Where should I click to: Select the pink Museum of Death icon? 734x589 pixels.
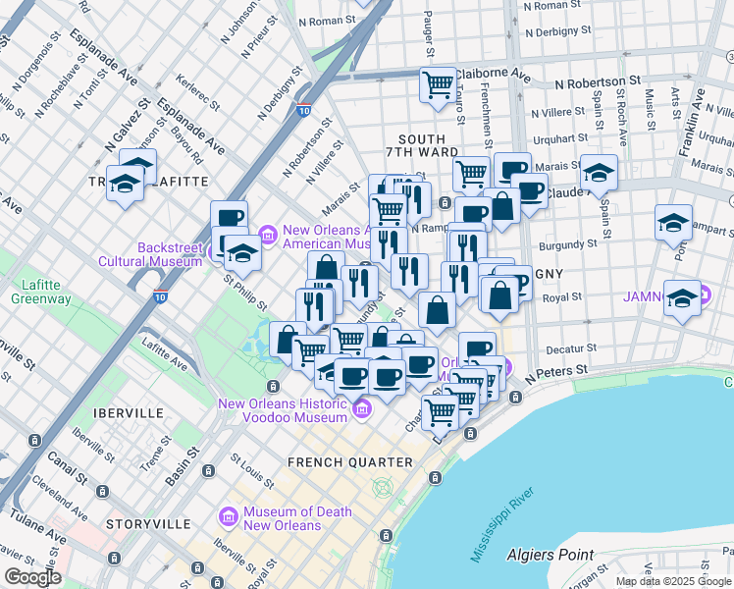click(x=230, y=515)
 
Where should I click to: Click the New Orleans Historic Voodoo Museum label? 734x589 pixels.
click(x=283, y=409)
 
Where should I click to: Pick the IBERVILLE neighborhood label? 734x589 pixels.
click(x=128, y=413)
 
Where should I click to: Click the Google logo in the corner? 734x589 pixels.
click(x=32, y=578)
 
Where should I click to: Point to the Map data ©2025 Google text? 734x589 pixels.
click(x=673, y=581)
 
